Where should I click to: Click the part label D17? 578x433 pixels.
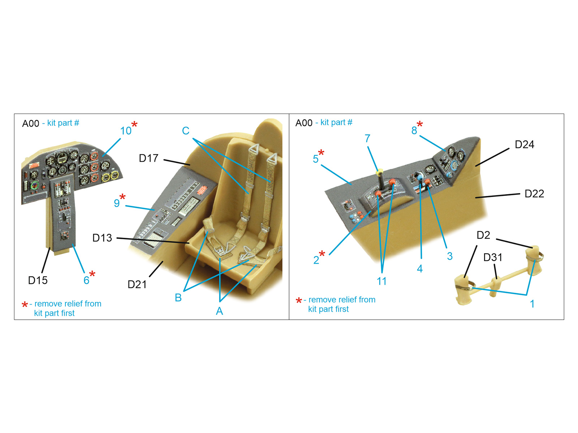point(148,158)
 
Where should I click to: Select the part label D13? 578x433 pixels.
point(102,238)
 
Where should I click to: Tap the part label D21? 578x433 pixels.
point(137,284)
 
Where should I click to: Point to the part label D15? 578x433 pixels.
point(38,280)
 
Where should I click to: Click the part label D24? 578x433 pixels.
point(524,145)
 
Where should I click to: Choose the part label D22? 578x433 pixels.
point(534,194)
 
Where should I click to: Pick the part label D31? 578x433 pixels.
point(493,257)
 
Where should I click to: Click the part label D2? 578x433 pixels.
point(483,235)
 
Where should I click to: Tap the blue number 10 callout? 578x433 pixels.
point(126,131)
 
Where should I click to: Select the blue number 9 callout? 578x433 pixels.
point(117,203)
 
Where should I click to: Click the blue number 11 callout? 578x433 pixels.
point(381,281)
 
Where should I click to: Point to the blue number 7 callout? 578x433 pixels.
point(368,139)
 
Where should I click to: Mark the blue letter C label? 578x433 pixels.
point(186,131)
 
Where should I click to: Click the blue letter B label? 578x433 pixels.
point(178,298)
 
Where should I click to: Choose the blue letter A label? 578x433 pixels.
point(219,311)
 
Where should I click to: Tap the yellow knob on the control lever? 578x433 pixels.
point(380,172)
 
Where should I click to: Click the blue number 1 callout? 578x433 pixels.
point(532,304)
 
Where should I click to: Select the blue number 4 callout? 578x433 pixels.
point(420,269)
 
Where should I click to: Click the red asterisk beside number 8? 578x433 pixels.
point(420,124)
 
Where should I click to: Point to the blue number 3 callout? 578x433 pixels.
point(450,256)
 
